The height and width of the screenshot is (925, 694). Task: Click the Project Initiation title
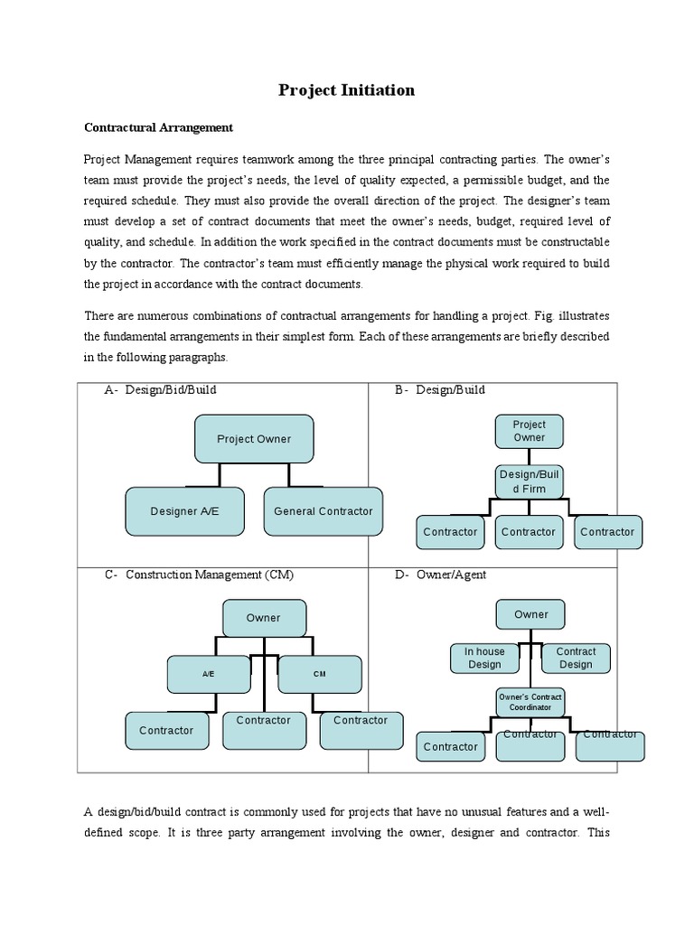click(x=346, y=89)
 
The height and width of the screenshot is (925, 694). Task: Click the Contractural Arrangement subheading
click(x=158, y=127)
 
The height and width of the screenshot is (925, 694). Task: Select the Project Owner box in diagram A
click(x=254, y=439)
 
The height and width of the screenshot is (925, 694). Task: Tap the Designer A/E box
click(x=184, y=510)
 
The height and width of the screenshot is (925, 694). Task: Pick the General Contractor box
click(x=323, y=510)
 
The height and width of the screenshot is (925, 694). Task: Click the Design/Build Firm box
click(x=530, y=481)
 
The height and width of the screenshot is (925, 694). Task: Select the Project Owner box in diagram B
click(x=530, y=431)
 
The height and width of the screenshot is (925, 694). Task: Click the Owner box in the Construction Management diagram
click(x=264, y=618)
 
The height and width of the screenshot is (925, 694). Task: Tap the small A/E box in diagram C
click(x=208, y=673)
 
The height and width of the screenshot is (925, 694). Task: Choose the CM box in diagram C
click(x=319, y=673)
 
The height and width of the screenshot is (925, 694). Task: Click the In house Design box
click(x=484, y=658)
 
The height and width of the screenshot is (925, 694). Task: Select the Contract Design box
click(x=576, y=658)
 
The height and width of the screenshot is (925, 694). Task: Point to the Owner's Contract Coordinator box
click(x=530, y=702)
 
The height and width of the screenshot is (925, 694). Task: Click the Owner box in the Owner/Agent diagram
click(x=530, y=614)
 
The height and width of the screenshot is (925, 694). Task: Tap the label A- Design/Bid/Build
click(x=160, y=390)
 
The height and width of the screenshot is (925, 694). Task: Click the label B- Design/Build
click(x=439, y=390)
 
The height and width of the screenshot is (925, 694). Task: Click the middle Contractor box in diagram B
click(x=529, y=532)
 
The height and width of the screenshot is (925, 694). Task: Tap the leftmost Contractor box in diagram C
click(x=167, y=730)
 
